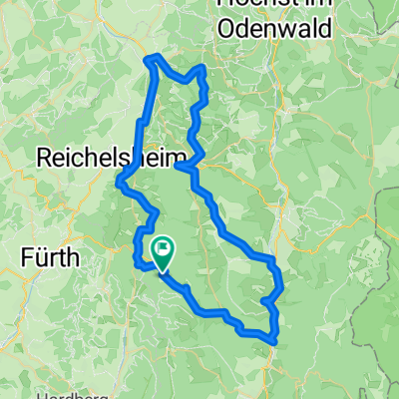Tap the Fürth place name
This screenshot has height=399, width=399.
(x=51, y=256)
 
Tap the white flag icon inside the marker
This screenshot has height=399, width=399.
(x=162, y=245)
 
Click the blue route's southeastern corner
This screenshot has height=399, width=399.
(x=274, y=338)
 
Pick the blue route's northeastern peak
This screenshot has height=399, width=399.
(x=203, y=68)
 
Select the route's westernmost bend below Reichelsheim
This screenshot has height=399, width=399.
(x=120, y=182)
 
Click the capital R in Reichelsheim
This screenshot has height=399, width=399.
(x=45, y=158)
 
